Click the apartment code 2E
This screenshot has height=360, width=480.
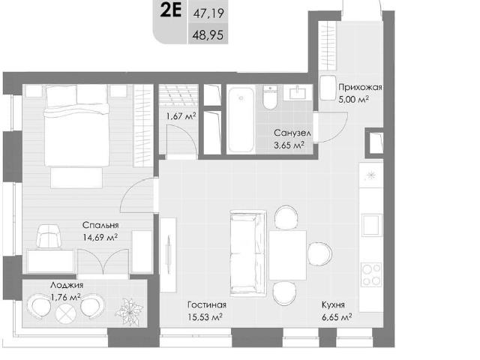(171, 10)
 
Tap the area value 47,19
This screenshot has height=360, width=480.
(208, 13)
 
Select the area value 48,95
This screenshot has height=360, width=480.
(208, 35)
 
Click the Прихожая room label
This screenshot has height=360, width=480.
(360, 88)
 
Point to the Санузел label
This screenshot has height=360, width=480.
(292, 133)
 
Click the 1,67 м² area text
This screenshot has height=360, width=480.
(181, 116)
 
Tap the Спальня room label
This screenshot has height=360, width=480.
(100, 225)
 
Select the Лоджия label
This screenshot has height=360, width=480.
(67, 285)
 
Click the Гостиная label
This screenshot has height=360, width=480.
(207, 304)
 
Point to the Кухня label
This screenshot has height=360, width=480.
(333, 305)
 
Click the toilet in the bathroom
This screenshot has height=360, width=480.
(270, 97)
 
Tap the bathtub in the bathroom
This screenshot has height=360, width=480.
(241, 120)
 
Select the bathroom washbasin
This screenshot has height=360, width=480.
(298, 93)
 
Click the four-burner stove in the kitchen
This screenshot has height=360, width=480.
(371, 274)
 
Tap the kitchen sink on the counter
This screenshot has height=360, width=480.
(372, 225)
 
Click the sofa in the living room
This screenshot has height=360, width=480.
(247, 253)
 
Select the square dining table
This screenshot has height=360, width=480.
(287, 255)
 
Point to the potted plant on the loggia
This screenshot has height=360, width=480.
(129, 311)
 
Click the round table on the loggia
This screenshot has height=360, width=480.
(66, 314)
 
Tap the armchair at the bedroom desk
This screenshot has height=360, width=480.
(48, 236)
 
